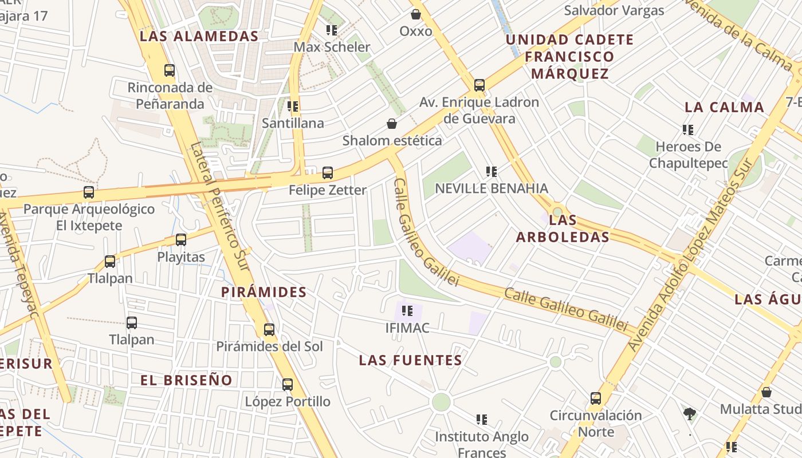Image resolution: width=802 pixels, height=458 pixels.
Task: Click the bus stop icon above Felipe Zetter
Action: [x=328, y=173]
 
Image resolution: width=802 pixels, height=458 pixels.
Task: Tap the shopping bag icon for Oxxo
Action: [x=416, y=14]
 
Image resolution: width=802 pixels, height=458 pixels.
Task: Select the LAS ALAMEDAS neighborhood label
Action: [x=199, y=36]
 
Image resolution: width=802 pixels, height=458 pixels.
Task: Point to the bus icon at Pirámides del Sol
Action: [x=269, y=330]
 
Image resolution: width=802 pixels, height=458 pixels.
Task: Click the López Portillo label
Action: [x=288, y=401]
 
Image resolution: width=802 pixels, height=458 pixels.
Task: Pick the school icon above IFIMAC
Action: [x=407, y=311]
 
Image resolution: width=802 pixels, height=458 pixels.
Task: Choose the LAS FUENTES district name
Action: [x=410, y=360]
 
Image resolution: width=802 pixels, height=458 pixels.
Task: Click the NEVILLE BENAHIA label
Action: [x=492, y=188]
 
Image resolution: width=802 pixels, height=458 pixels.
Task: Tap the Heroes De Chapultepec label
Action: [x=688, y=155]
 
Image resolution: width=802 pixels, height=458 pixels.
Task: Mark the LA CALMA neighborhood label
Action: [x=724, y=107]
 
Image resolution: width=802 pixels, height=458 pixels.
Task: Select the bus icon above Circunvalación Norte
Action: [x=596, y=398]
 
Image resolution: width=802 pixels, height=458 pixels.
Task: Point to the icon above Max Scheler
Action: [x=332, y=30]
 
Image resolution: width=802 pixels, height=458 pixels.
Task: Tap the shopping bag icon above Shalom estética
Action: [x=392, y=124]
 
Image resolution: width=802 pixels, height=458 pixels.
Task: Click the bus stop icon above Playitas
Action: [x=181, y=240]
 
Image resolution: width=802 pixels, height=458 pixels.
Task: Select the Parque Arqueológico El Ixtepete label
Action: [x=89, y=217]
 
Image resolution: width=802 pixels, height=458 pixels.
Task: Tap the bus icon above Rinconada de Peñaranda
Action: [x=170, y=71]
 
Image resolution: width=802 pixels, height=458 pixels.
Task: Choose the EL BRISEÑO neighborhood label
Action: [x=187, y=380]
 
